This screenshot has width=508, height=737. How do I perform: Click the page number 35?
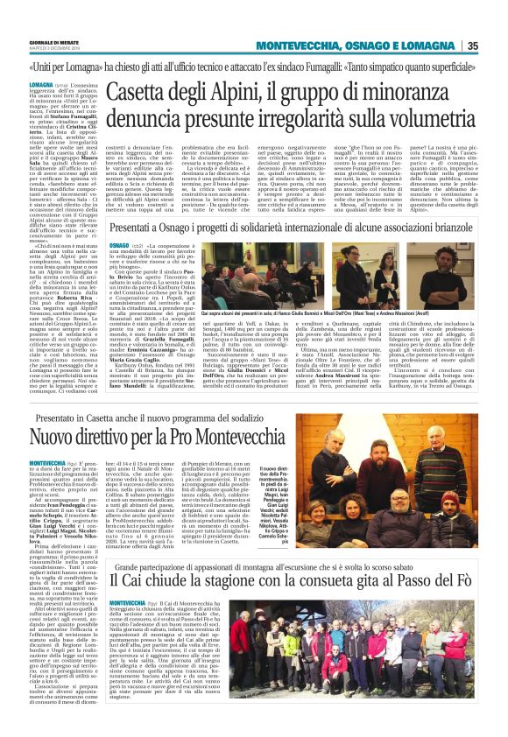tap(496, 46)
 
